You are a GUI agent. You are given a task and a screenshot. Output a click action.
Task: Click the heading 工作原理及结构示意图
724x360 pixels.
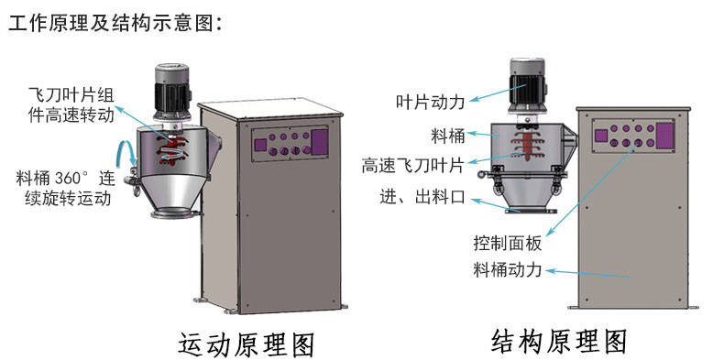[x=115, y=24]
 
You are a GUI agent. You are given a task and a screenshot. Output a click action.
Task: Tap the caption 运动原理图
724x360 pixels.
[x=247, y=344]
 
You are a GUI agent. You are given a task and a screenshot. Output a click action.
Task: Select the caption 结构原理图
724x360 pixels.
[x=559, y=342]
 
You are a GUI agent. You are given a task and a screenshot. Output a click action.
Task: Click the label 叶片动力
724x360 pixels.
[x=431, y=102]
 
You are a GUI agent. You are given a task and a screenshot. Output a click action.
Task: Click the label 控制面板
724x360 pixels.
[x=508, y=244]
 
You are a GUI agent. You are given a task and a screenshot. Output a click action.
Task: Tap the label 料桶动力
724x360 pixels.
[x=508, y=270]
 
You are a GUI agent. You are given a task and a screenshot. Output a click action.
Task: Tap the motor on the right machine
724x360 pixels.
[x=527, y=88]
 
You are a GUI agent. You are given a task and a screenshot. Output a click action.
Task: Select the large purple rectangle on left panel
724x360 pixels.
[x=320, y=142]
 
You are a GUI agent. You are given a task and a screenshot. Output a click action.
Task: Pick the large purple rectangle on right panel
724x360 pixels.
[x=665, y=136]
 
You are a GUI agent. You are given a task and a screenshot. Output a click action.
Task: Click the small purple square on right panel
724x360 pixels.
[x=600, y=136]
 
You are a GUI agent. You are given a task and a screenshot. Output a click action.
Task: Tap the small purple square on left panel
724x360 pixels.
[x=260, y=145]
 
